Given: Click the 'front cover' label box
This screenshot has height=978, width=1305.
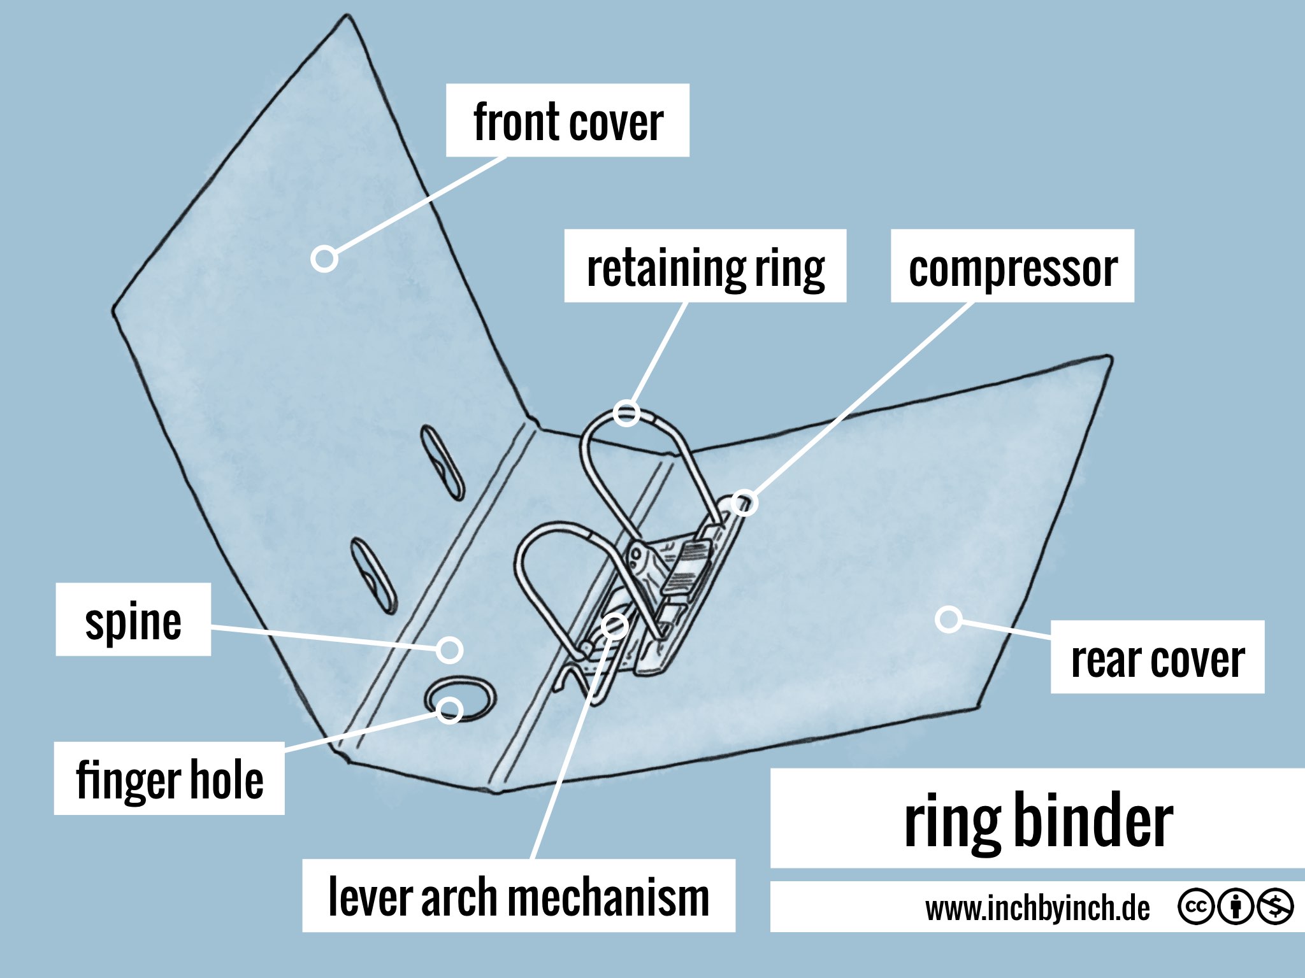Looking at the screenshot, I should click(x=567, y=120).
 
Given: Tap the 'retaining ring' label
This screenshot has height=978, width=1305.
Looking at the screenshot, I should click(x=705, y=266).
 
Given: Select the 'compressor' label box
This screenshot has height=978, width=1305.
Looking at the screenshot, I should click(x=1012, y=266).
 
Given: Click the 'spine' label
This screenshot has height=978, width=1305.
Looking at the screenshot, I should click(x=133, y=620).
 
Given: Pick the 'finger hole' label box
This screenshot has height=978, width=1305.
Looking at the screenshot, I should click(x=169, y=778).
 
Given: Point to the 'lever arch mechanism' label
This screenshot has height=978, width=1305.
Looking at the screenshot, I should click(x=518, y=896).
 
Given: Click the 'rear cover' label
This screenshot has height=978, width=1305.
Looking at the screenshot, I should click(x=1157, y=657).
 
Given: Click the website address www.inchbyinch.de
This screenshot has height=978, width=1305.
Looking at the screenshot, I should click(x=1037, y=907).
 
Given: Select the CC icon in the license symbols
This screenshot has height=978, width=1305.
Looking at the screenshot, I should click(x=1195, y=906).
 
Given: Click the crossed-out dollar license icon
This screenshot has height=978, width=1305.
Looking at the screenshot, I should click(x=1274, y=906).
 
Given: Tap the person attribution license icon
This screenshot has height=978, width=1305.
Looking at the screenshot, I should click(x=1235, y=906).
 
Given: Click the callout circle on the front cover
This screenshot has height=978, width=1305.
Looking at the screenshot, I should click(x=324, y=259).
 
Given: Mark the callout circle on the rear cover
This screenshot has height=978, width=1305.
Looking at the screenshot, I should click(x=948, y=619).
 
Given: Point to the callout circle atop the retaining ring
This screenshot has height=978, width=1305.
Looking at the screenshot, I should click(x=626, y=413).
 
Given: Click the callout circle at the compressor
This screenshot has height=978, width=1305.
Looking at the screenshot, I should click(x=744, y=503).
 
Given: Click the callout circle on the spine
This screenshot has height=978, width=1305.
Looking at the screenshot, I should click(x=450, y=649).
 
